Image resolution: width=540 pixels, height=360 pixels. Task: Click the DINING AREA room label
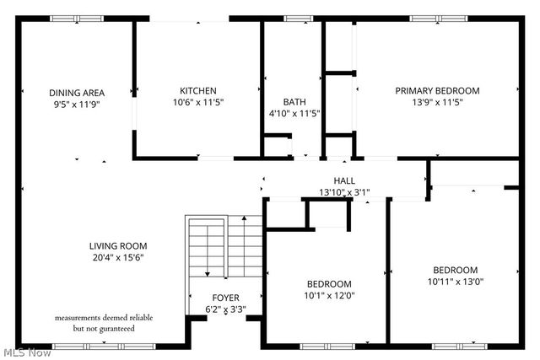point(75,93)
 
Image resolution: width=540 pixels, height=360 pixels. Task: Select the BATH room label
point(294,102)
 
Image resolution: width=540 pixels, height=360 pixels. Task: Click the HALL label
point(344,181)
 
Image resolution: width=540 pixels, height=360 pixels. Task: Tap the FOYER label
point(225,298)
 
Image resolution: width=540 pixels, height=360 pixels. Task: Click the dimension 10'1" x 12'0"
point(329,296)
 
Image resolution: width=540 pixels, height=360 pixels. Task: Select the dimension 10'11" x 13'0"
point(455,282)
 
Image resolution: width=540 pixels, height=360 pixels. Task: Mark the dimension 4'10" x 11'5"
point(294,113)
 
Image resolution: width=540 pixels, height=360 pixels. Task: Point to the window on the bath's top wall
point(296,18)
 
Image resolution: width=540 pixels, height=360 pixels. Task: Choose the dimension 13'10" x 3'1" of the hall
point(344,192)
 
